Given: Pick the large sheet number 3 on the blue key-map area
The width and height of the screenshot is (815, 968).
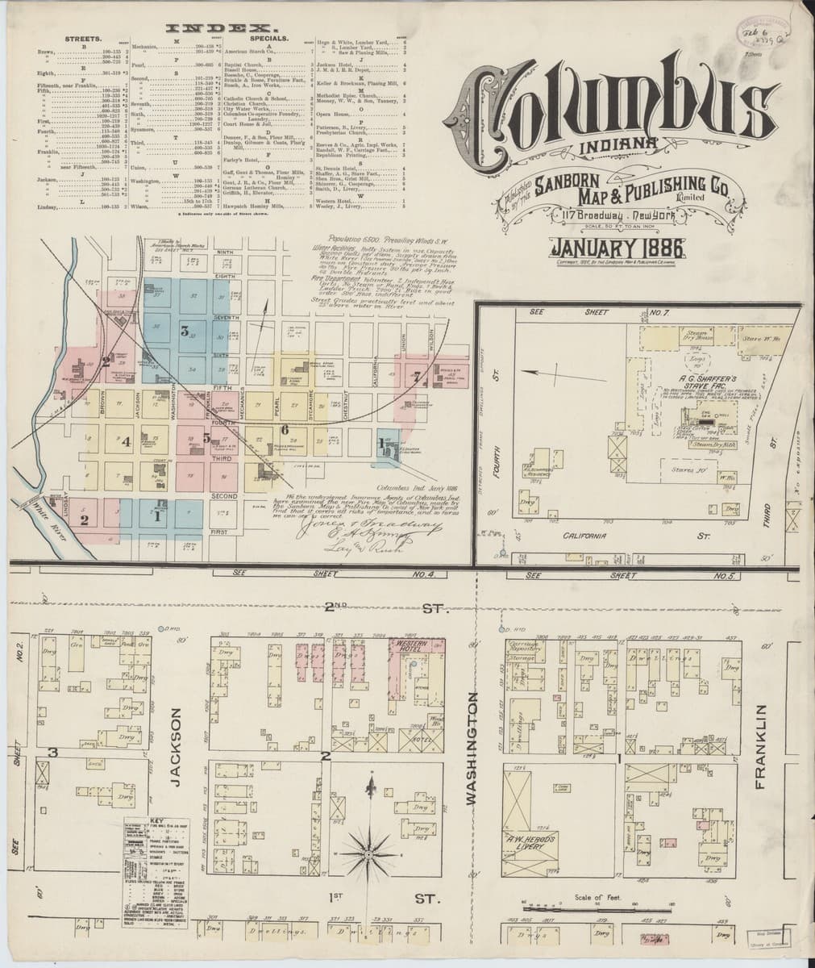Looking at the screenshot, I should coord(185,330).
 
